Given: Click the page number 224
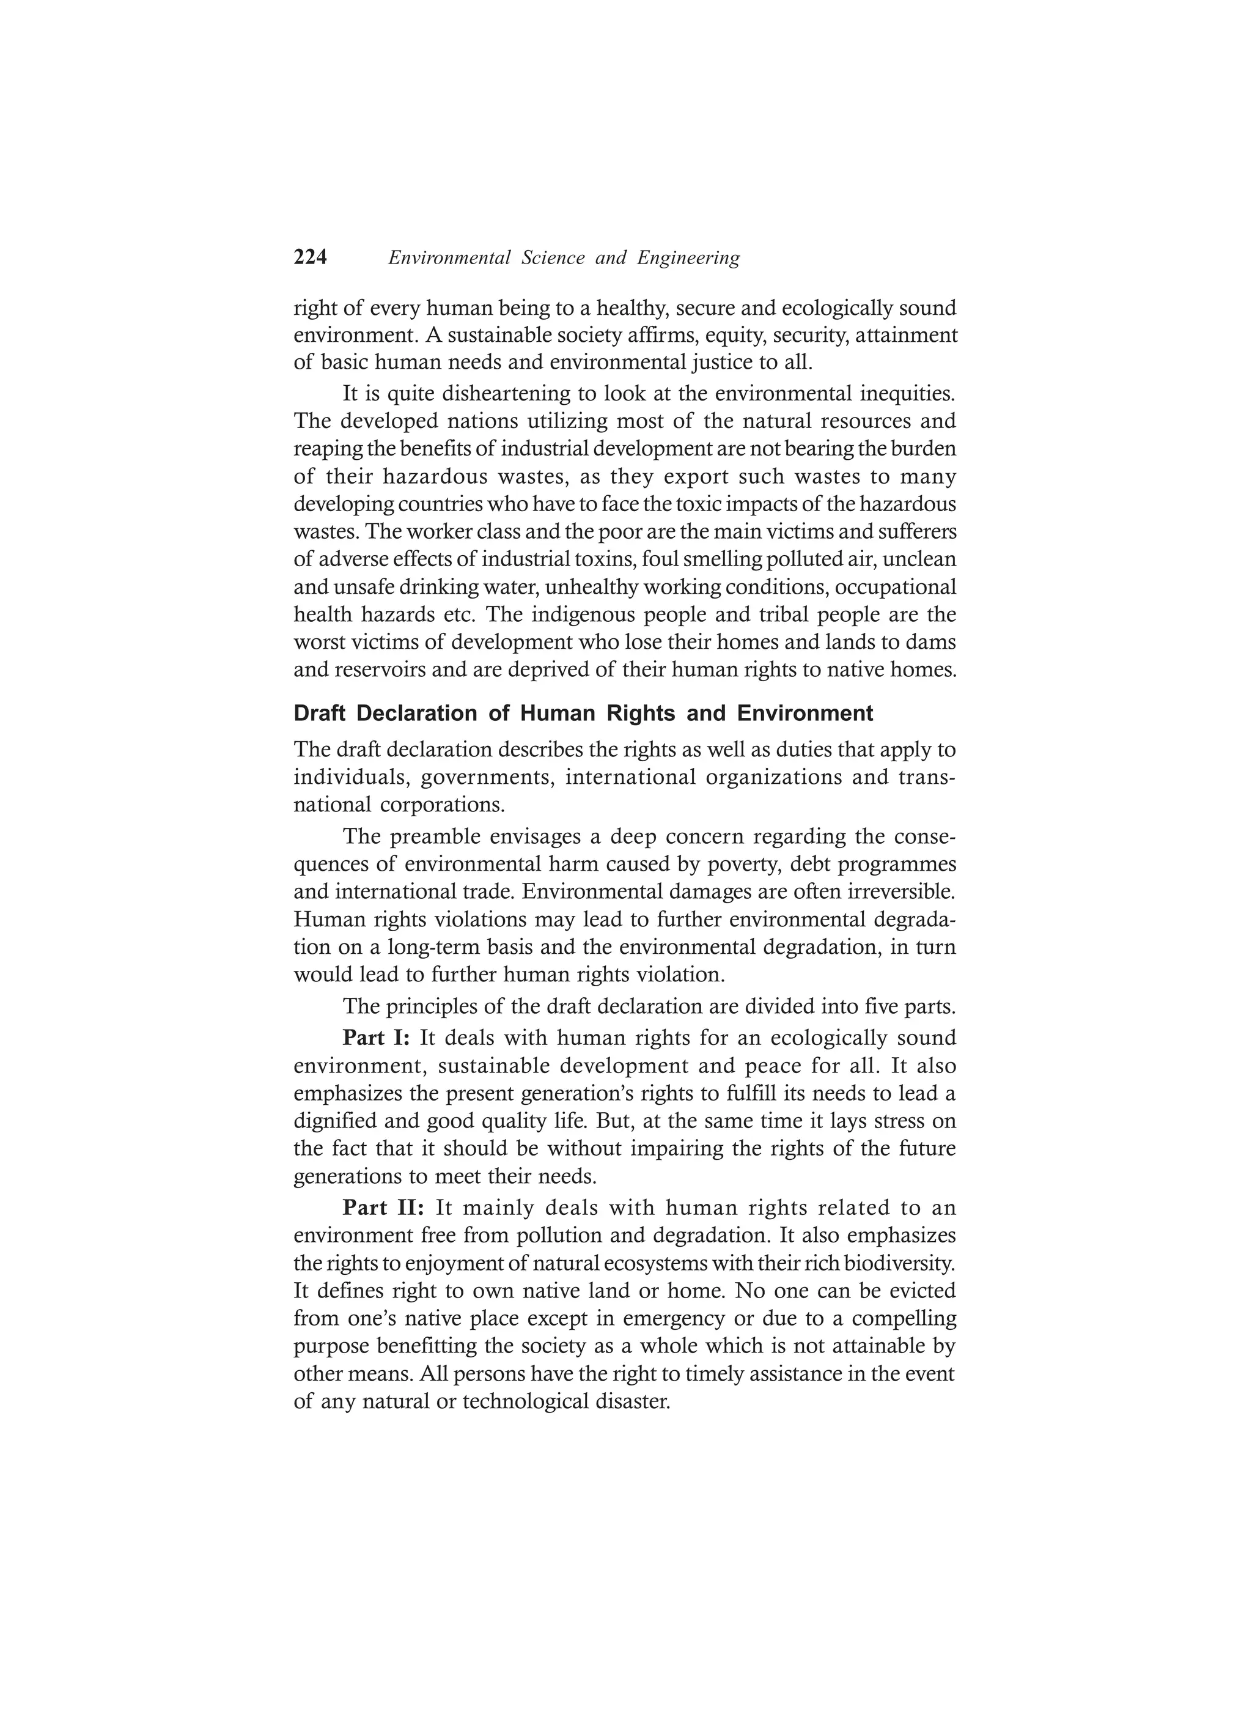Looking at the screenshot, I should coord(310,258).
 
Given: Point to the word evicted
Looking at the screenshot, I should coord(924,1291).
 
